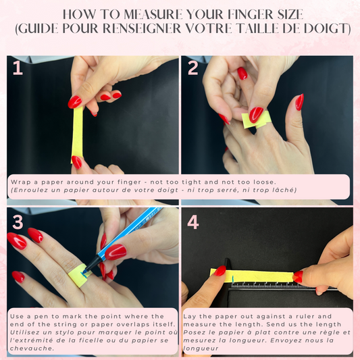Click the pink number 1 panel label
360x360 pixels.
click(18, 68)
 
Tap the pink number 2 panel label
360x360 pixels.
click(193, 68)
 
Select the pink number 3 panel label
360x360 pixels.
click(18, 222)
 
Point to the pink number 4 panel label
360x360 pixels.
click(193, 222)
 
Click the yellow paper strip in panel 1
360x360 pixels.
click(78, 135)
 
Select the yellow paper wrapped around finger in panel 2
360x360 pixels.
click(256, 120)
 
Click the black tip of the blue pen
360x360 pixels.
click(84, 271)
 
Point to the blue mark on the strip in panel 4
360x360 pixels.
click(233, 279)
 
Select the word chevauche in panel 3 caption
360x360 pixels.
click(30, 349)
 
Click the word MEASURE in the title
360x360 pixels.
click(153, 14)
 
